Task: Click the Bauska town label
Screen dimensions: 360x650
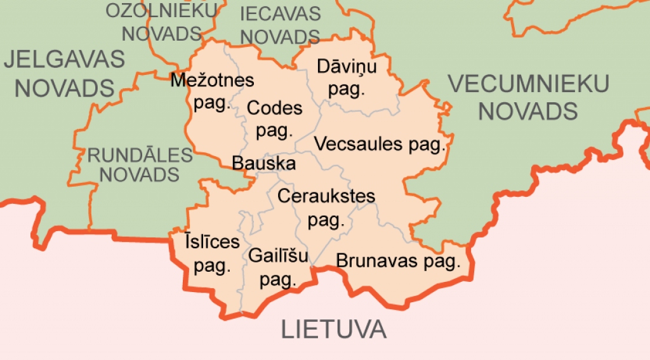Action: [263, 164]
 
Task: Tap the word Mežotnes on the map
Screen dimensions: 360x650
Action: [213, 81]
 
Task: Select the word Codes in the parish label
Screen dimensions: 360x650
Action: [274, 109]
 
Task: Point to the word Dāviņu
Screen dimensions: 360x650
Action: [347, 67]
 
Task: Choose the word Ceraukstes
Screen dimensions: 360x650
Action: [326, 196]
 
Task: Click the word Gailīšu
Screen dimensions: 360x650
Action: [279, 257]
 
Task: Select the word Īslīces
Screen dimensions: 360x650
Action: [212, 242]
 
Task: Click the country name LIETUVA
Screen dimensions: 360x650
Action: [334, 330]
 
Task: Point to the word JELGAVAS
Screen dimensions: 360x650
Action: [64, 59]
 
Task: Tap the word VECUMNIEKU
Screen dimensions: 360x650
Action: [529, 84]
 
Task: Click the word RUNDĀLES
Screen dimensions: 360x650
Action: [140, 155]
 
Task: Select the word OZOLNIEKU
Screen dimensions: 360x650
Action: [161, 11]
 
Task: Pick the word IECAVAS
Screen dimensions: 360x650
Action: [281, 13]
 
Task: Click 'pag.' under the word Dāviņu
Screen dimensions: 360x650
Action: [347, 90]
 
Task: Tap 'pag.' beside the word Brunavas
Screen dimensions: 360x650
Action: [442, 262]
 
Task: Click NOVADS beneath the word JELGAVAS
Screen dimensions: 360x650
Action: [64, 88]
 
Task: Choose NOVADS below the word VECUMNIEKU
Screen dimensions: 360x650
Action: [527, 112]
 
